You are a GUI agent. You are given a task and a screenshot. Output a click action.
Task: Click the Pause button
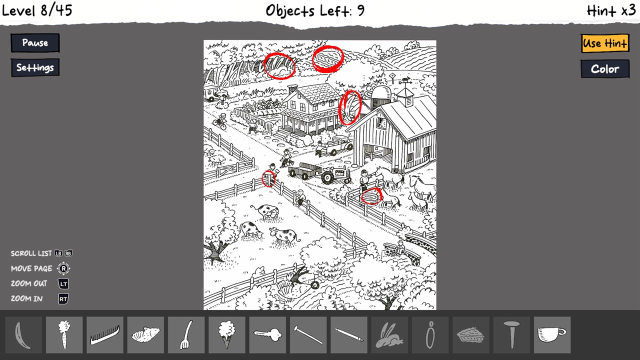click(35, 43)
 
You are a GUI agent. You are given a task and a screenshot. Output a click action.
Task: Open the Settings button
click(35, 67)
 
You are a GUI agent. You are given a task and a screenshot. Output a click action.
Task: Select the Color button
click(605, 69)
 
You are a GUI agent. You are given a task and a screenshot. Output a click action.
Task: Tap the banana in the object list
click(22, 335)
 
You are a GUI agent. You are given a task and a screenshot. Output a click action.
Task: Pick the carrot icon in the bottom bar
click(64, 335)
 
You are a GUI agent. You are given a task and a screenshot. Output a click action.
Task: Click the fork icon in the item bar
click(186, 335)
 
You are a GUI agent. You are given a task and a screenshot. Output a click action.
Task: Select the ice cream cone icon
click(227, 334)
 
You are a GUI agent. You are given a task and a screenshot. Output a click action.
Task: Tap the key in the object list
click(267, 335)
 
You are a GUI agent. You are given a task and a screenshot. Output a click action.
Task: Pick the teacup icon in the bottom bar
click(551, 335)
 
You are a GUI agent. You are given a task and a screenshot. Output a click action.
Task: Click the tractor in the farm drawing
click(335, 174)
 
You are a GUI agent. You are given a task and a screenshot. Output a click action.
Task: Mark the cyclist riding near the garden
click(220, 121)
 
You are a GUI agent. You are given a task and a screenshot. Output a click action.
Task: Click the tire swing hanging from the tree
click(315, 284)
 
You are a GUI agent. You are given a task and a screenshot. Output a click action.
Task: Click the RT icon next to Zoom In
click(63, 299)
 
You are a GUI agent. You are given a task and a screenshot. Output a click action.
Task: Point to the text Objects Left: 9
click(315, 11)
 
